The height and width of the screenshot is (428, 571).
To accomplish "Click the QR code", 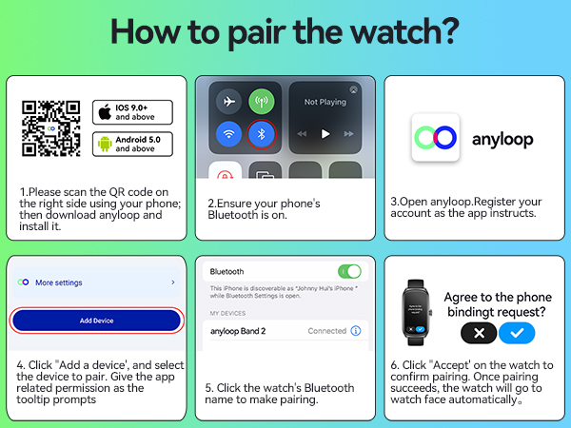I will pyautogui.click(x=51, y=127).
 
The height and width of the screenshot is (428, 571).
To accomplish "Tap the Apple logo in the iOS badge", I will pyautogui.click(x=104, y=112).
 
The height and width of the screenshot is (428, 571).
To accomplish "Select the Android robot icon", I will pyautogui.click(x=104, y=144).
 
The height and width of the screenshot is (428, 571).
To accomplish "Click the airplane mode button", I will pyautogui.click(x=229, y=102).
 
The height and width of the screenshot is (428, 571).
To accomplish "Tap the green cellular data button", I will pyautogui.click(x=261, y=102).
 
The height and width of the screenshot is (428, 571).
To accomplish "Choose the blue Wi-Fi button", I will pyautogui.click(x=229, y=134).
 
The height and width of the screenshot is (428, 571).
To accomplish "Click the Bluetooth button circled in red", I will pyautogui.click(x=261, y=134).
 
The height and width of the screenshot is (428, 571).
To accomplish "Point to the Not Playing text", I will pyautogui.click(x=325, y=102).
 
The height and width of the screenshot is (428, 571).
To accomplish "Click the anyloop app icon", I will pyautogui.click(x=435, y=139).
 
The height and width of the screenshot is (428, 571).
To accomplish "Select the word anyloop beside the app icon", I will pyautogui.click(x=502, y=140).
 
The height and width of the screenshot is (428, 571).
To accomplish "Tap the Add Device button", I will pyautogui.click(x=96, y=321).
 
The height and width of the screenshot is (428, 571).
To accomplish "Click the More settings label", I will pyautogui.click(x=59, y=282).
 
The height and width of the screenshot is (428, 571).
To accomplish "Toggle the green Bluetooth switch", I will pyautogui.click(x=349, y=271).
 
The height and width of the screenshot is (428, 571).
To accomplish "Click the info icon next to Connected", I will pyautogui.click(x=357, y=331).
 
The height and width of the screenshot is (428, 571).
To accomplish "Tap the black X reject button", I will pyautogui.click(x=479, y=333).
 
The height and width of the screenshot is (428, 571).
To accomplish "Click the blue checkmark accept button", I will pyautogui.click(x=517, y=333).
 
